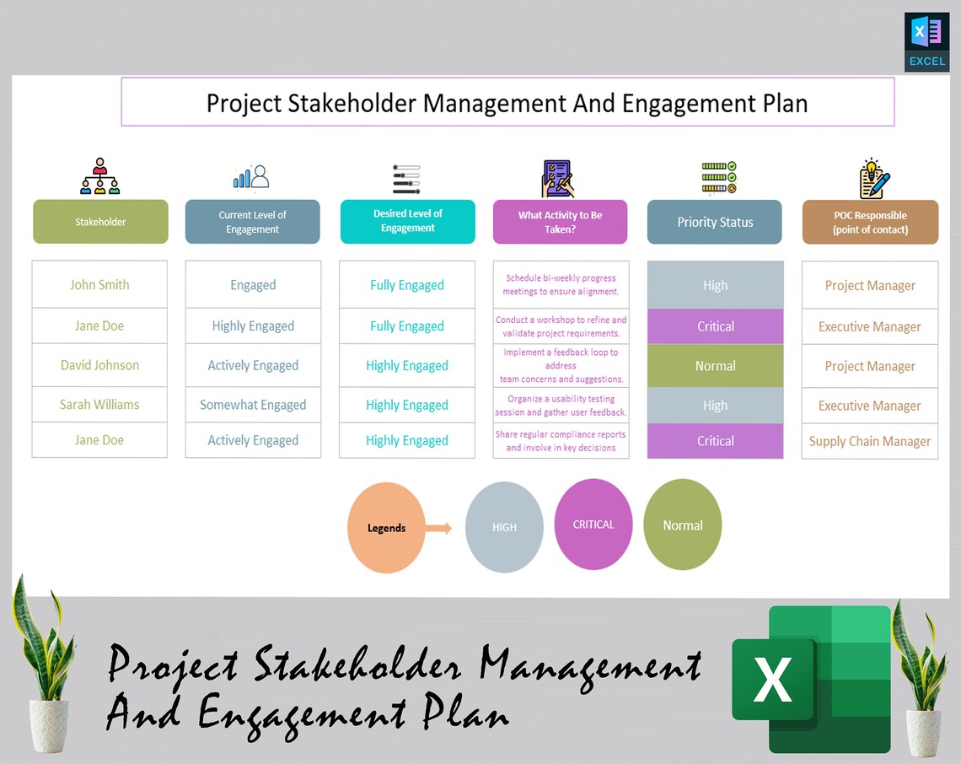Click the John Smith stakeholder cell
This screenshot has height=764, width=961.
click(99, 284)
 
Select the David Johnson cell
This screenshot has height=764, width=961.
click(99, 365)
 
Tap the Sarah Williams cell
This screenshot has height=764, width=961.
click(99, 405)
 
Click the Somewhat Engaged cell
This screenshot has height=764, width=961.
click(253, 405)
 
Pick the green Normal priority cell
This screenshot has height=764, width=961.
click(715, 366)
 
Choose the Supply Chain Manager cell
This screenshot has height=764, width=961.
click(869, 441)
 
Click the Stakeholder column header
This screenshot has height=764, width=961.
click(100, 222)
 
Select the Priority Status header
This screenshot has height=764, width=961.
click(715, 222)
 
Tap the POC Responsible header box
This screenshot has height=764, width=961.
click(870, 222)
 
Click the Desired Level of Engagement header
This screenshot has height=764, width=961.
click(407, 221)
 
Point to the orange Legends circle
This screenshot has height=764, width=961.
click(386, 528)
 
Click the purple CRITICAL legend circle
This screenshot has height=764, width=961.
click(593, 525)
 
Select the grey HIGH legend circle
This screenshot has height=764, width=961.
click(504, 527)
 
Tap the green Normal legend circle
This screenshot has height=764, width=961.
click(682, 525)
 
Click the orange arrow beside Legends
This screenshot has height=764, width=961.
click(438, 529)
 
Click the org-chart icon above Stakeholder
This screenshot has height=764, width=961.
click(100, 176)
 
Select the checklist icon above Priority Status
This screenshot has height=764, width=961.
click(719, 177)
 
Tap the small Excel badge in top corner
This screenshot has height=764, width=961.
click(926, 41)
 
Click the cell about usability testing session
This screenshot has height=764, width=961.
click(561, 406)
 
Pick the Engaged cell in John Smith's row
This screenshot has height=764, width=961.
click(253, 285)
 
